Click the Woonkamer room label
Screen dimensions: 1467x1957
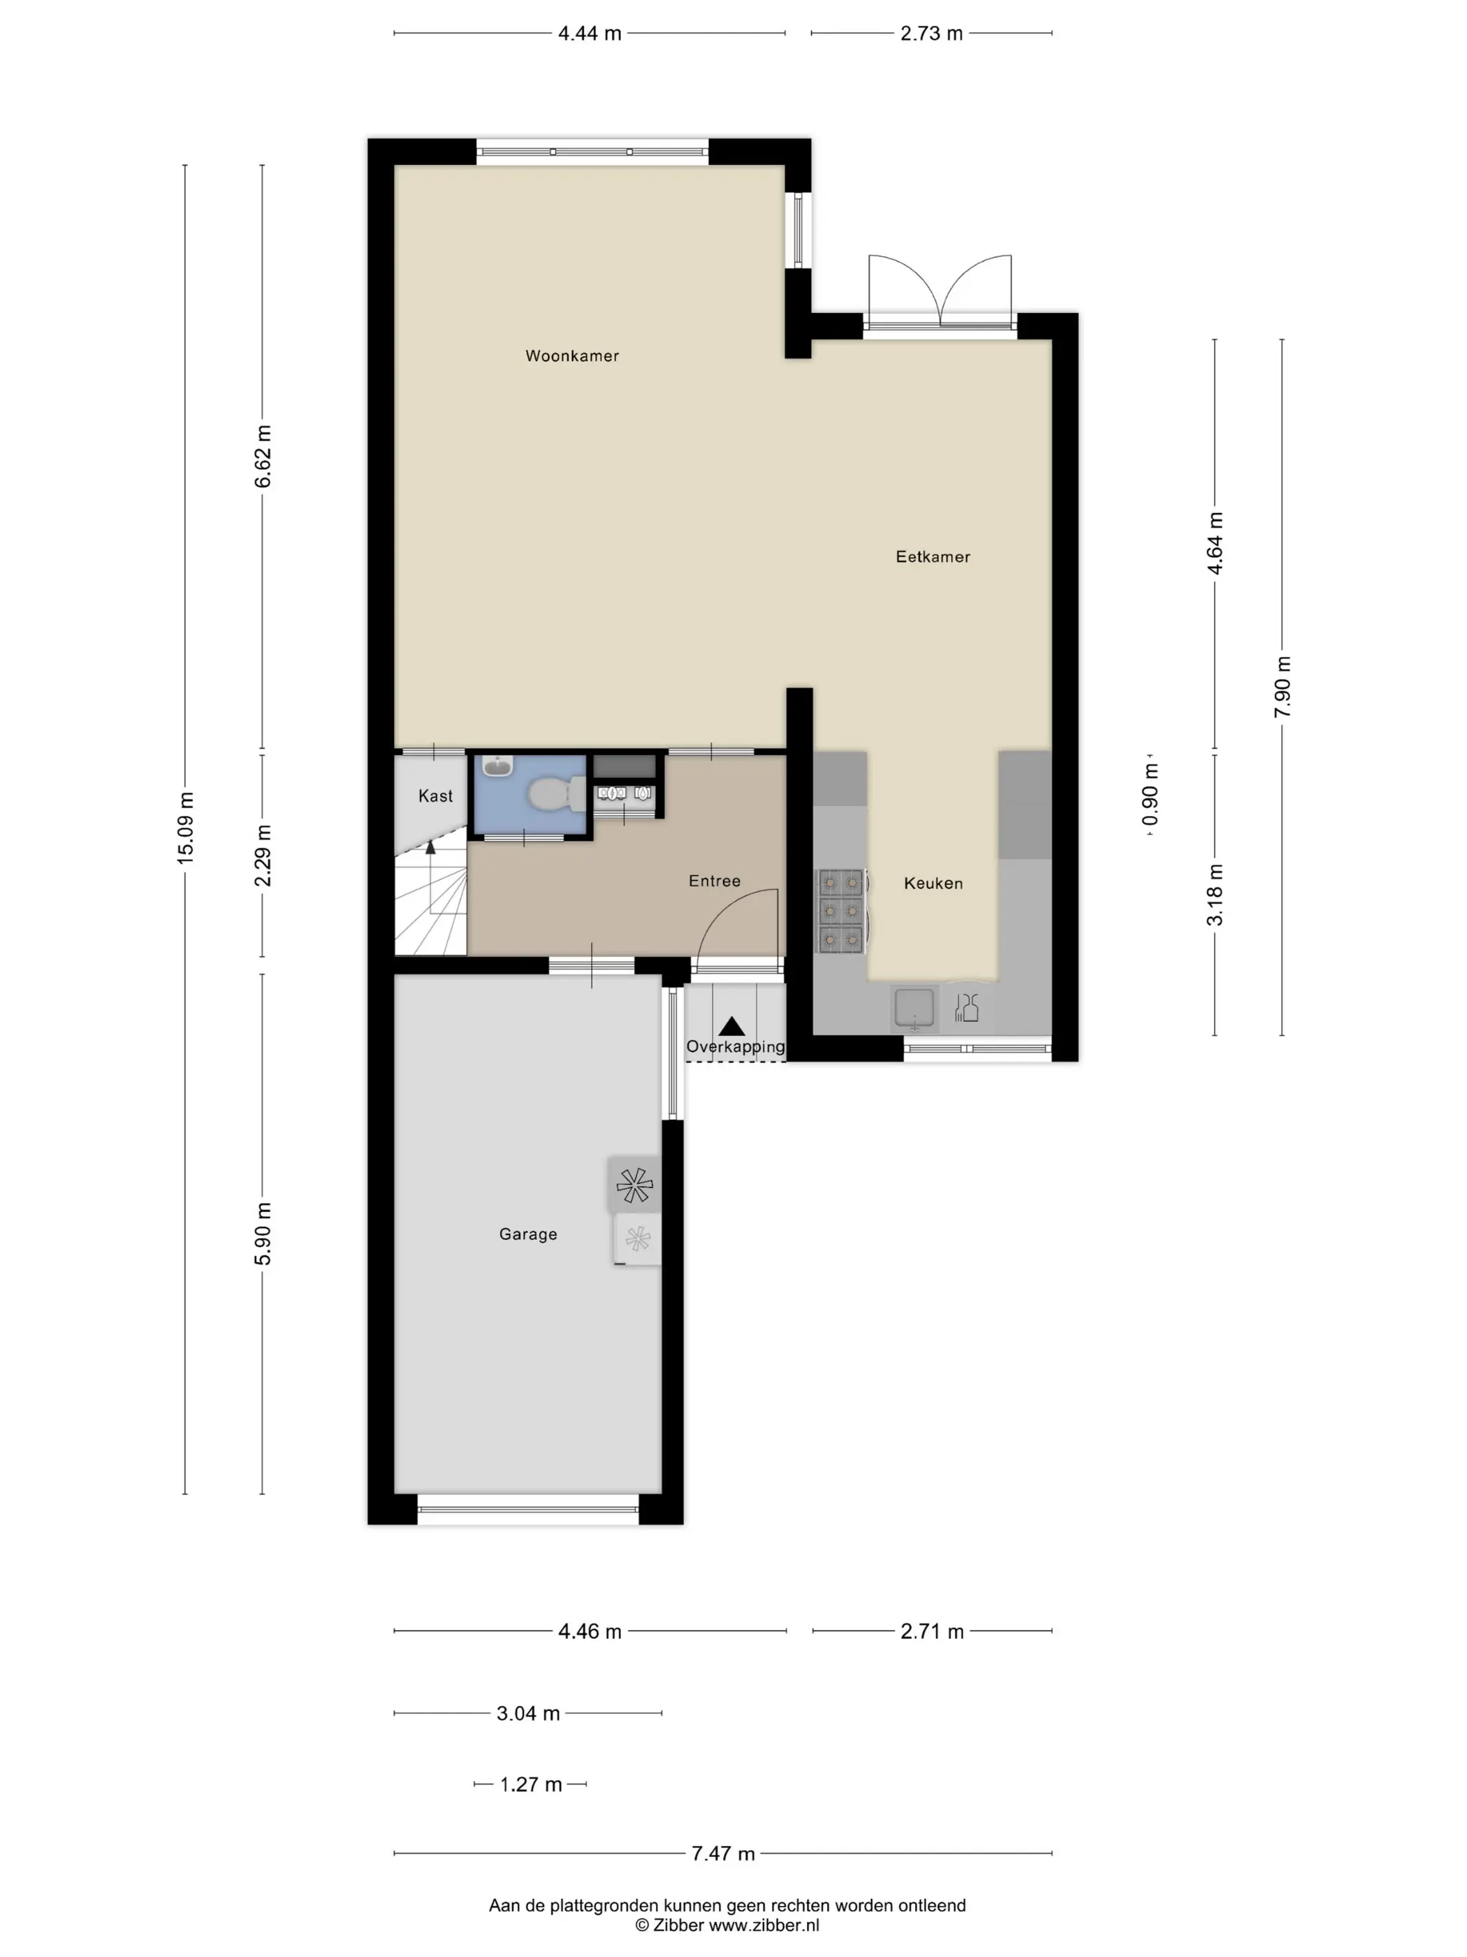(571, 356)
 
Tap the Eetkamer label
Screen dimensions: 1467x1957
(932, 556)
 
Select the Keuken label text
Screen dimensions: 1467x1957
(933, 883)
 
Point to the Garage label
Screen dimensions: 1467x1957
(528, 1234)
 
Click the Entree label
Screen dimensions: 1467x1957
(715, 880)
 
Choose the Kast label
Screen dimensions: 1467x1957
(435, 795)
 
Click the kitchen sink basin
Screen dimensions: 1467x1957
(914, 1009)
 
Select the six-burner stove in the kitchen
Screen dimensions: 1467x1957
(840, 911)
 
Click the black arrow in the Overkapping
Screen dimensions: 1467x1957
(731, 1026)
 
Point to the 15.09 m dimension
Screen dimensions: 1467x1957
(185, 828)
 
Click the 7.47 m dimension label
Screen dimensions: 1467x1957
(722, 1854)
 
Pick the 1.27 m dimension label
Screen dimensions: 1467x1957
(530, 1784)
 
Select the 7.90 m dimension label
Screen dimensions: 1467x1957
(1282, 688)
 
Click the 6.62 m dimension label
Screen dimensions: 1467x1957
(263, 456)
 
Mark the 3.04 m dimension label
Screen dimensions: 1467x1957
(528, 1714)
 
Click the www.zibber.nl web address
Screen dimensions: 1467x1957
(764, 1925)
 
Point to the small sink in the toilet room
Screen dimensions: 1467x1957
(498, 766)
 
